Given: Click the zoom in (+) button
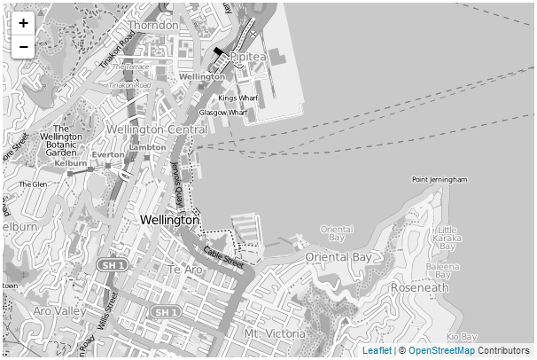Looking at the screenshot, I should pyautogui.click(x=23, y=23).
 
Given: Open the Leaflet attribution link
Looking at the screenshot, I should pyautogui.click(x=377, y=351).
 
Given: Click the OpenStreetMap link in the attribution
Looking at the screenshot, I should pyautogui.click(x=441, y=351).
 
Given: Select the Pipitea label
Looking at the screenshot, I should pyautogui.click(x=248, y=57).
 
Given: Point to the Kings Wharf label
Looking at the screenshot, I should pyautogui.click(x=237, y=98).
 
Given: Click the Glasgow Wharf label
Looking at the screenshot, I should pyautogui.click(x=223, y=113).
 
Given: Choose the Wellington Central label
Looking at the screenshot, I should pyautogui.click(x=156, y=129).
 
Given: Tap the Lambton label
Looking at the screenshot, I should pyautogui.click(x=147, y=146).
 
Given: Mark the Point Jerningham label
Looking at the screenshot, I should pyautogui.click(x=440, y=179).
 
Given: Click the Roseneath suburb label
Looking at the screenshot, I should pyautogui.click(x=420, y=288).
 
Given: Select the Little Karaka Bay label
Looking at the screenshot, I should pyautogui.click(x=447, y=238).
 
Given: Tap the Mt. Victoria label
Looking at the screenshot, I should pyautogui.click(x=275, y=333).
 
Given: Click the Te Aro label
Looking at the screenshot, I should pyautogui.click(x=185, y=269).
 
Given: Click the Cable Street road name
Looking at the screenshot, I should pyautogui.click(x=222, y=256).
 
